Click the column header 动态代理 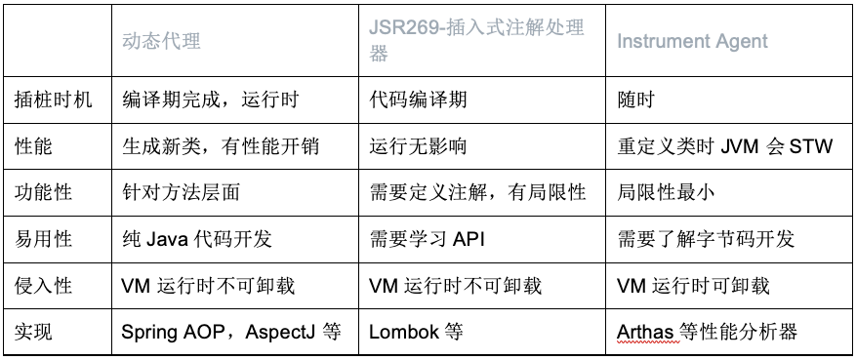pos(162,41)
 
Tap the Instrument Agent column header pos(692,41)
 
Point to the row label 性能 pos(36,146)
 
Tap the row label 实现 pos(36,332)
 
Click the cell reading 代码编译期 pos(418,100)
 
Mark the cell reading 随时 pos(636,100)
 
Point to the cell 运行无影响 pos(418,146)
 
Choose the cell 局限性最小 pos(666,192)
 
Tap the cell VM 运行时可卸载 pos(694,286)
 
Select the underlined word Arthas pos(645,332)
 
